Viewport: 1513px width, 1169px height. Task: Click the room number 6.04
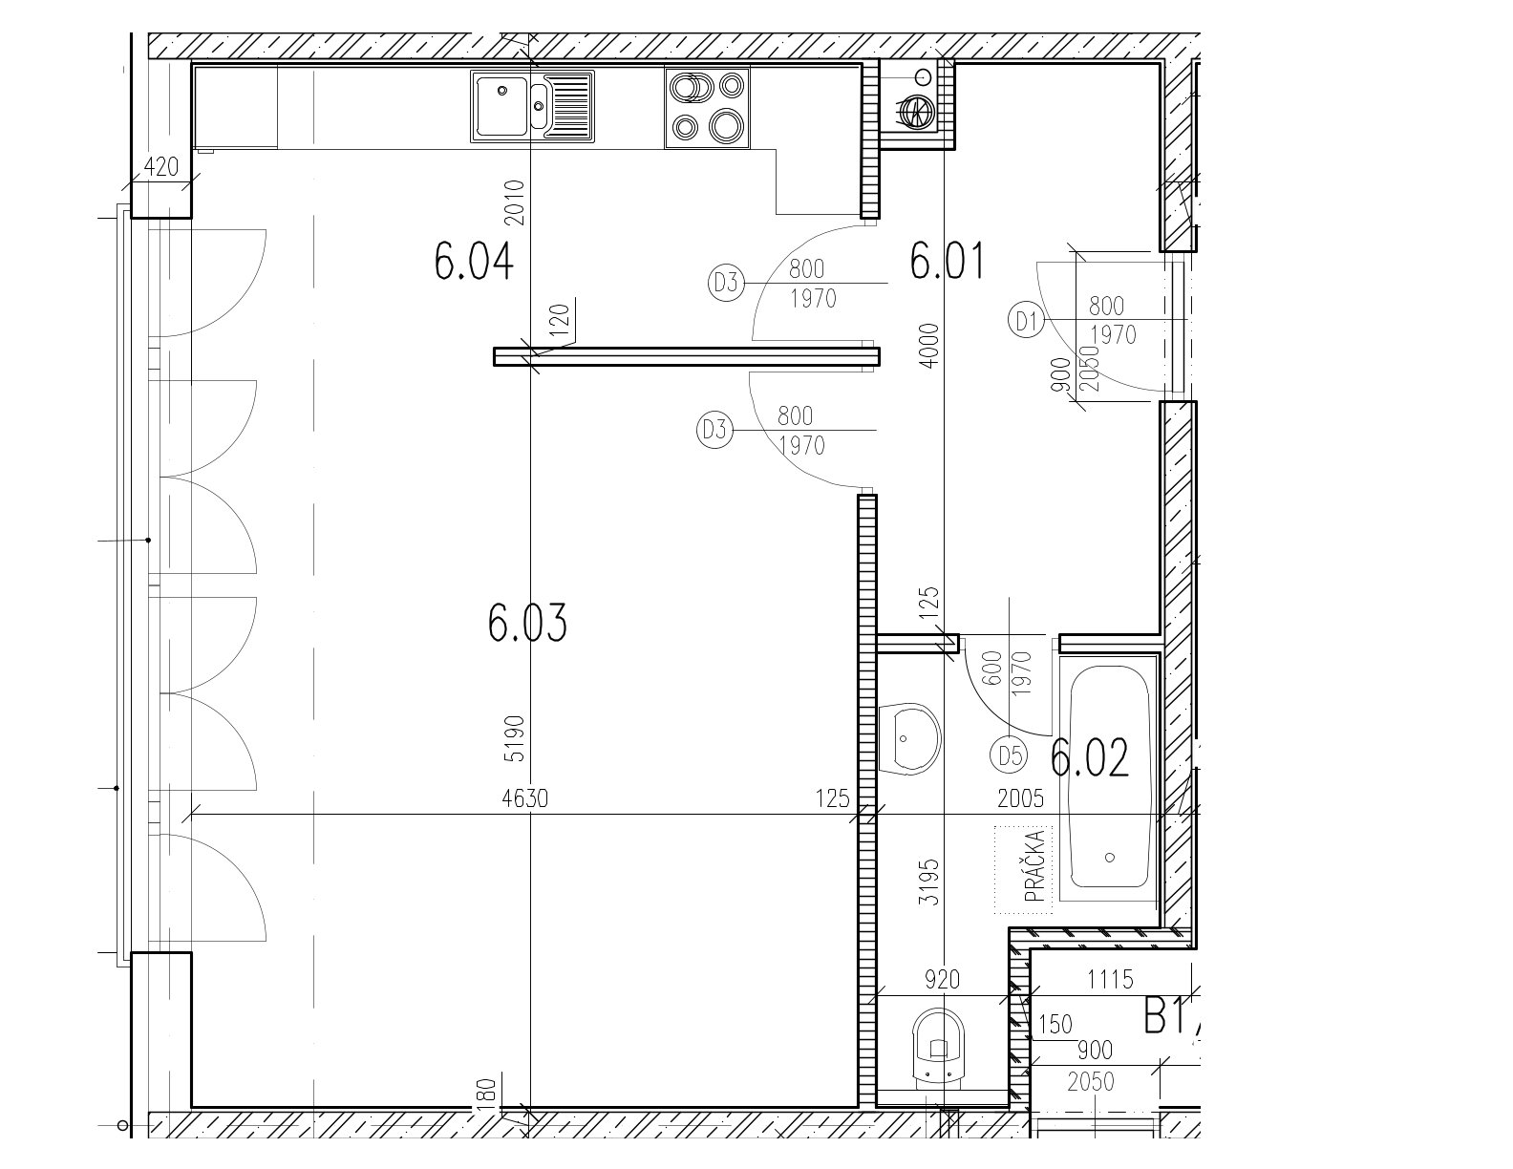tap(474, 261)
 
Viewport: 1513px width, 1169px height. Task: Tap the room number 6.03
tap(527, 623)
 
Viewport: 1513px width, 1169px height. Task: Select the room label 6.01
tap(948, 261)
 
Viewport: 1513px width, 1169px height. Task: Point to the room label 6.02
tap(1089, 757)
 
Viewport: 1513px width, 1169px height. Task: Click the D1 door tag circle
tap(1026, 321)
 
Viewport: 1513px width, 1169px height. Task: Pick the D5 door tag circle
tap(1009, 755)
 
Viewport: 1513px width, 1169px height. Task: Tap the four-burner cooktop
tap(707, 108)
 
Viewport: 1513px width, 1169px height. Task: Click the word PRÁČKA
tap(1035, 867)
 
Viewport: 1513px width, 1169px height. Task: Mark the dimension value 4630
tap(525, 797)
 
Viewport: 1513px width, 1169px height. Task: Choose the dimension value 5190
tap(516, 738)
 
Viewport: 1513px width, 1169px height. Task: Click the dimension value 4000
tap(928, 345)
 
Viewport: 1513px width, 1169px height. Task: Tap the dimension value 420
tap(160, 167)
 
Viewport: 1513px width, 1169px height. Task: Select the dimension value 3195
tap(928, 882)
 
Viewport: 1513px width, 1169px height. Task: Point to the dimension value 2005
tap(1020, 797)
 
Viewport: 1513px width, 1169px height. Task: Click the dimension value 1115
tap(1111, 980)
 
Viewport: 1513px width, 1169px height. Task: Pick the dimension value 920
tap(942, 980)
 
